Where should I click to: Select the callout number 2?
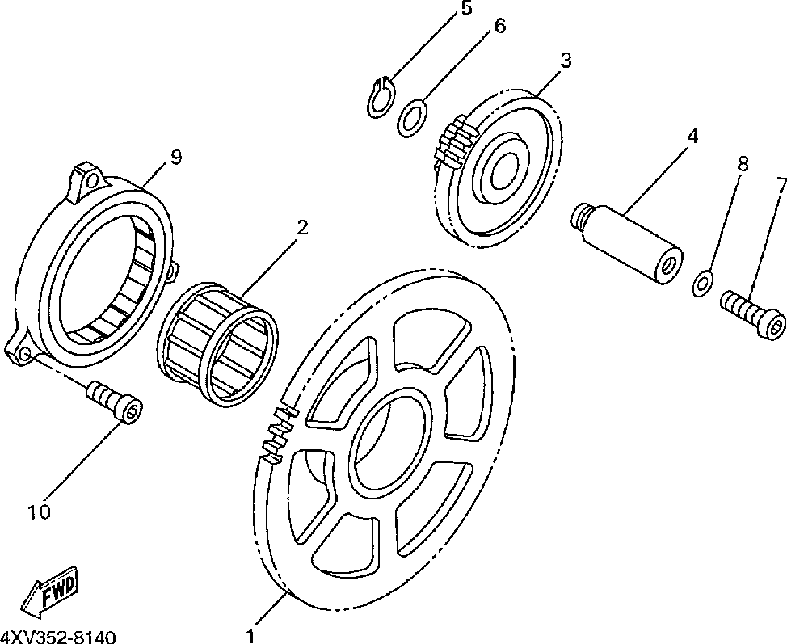[x=301, y=228]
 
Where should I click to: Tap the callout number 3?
[x=566, y=61]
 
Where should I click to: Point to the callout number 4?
[x=692, y=137]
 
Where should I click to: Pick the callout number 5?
[x=466, y=9]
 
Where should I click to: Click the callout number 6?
[x=499, y=26]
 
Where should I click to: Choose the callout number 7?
[x=781, y=185]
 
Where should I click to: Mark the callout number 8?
[x=743, y=164]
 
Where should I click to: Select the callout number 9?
[x=175, y=158]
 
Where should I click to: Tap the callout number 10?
[x=40, y=511]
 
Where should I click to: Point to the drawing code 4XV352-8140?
[x=58, y=636]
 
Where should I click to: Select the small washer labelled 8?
[x=703, y=283]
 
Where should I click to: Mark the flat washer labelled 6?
[x=412, y=119]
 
